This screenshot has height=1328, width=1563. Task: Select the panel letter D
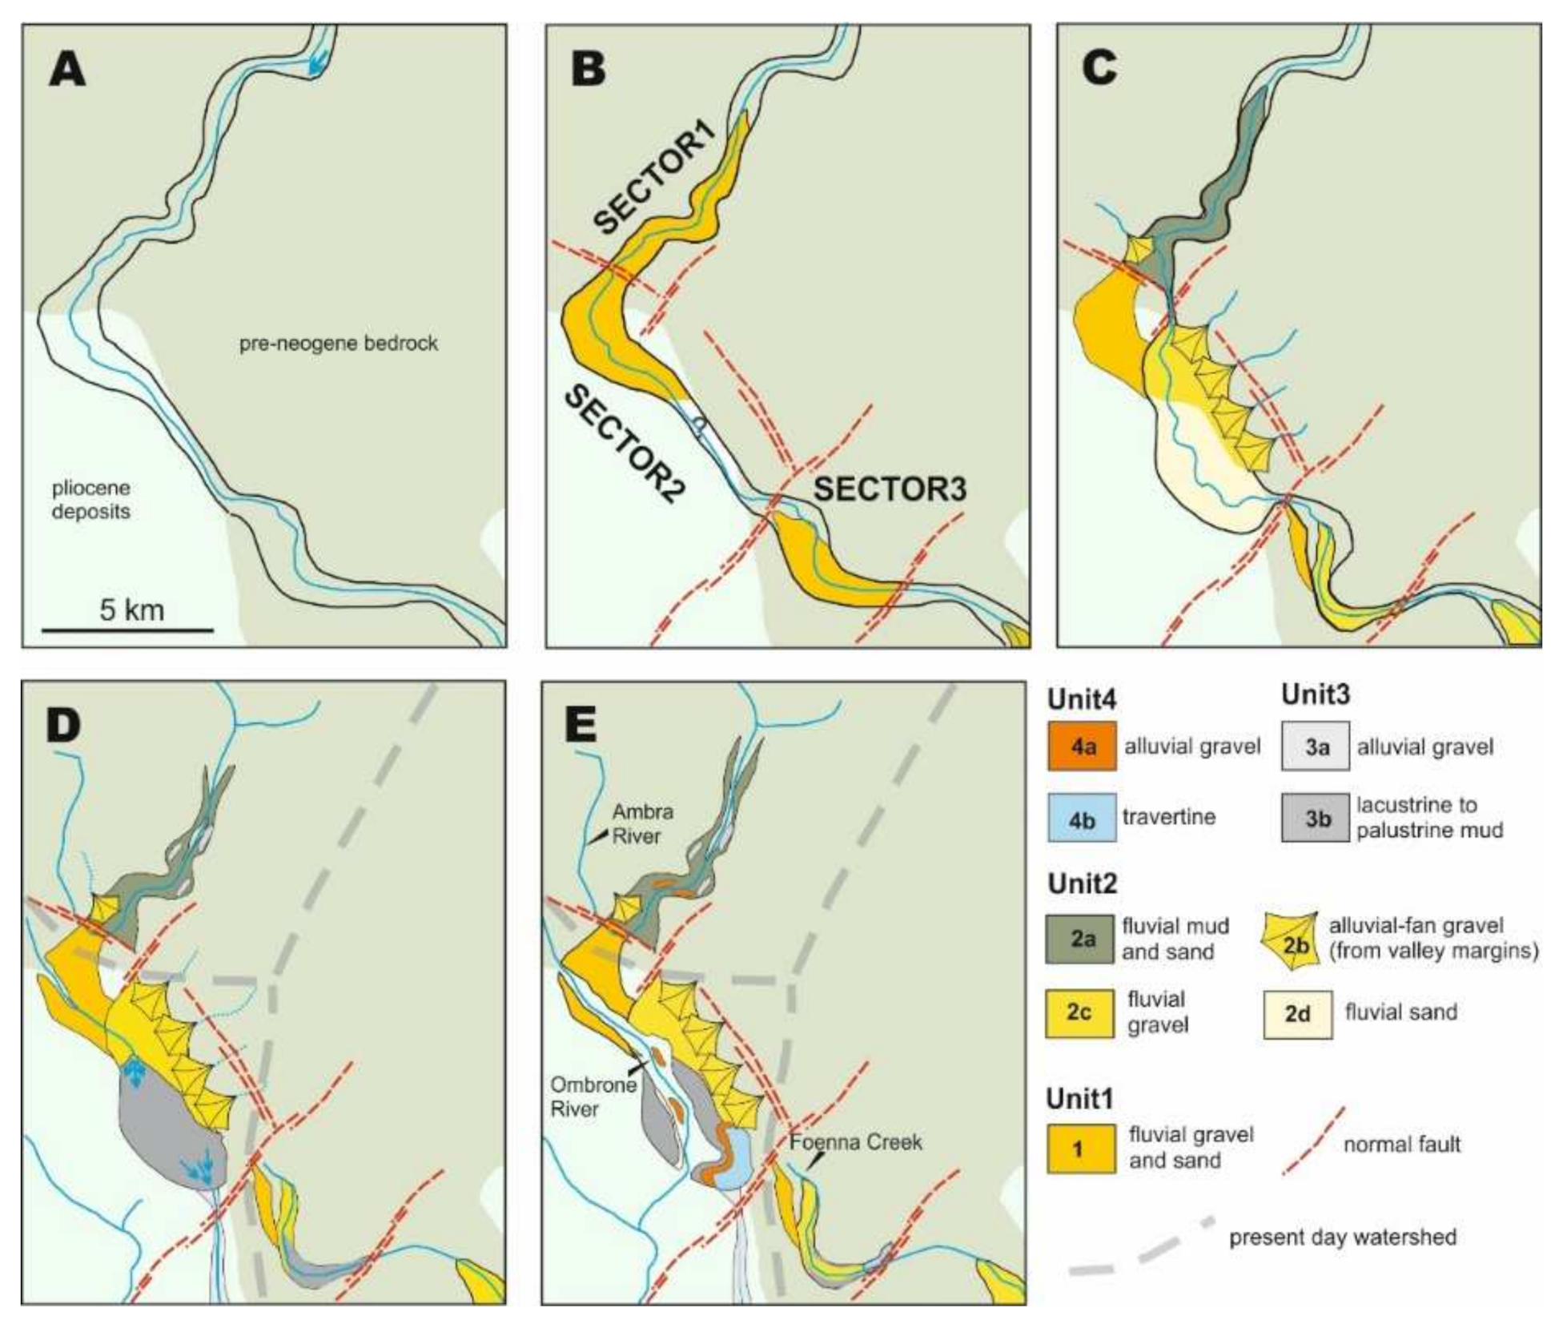63,726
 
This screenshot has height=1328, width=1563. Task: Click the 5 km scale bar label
131,610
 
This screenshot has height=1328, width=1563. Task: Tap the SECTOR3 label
890,489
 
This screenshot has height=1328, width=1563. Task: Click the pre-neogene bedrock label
339,344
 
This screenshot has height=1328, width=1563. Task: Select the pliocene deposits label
90,499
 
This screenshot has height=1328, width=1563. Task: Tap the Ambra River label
642,823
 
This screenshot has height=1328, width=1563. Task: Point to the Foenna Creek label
855,1141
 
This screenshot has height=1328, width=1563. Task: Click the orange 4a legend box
1082,746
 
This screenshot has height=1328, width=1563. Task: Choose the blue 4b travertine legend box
1082,818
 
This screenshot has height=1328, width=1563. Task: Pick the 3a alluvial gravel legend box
1316,746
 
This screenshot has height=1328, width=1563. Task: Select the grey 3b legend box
1316,818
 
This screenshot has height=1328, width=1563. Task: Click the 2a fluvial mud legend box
1080,939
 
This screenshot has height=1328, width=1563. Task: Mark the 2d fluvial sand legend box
1297,1014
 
